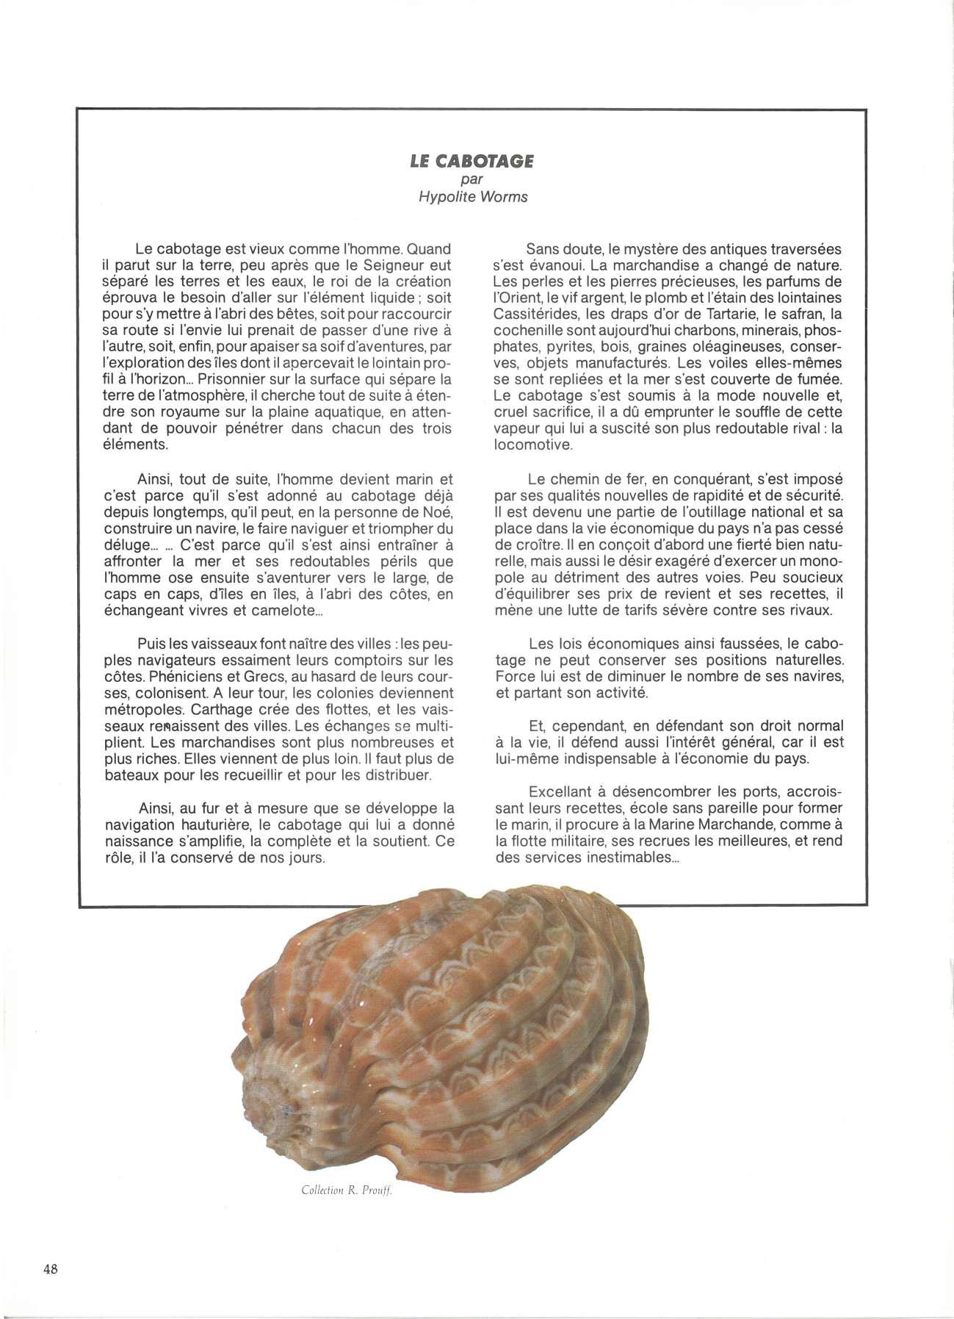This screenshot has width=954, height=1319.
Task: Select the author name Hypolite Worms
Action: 472,197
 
